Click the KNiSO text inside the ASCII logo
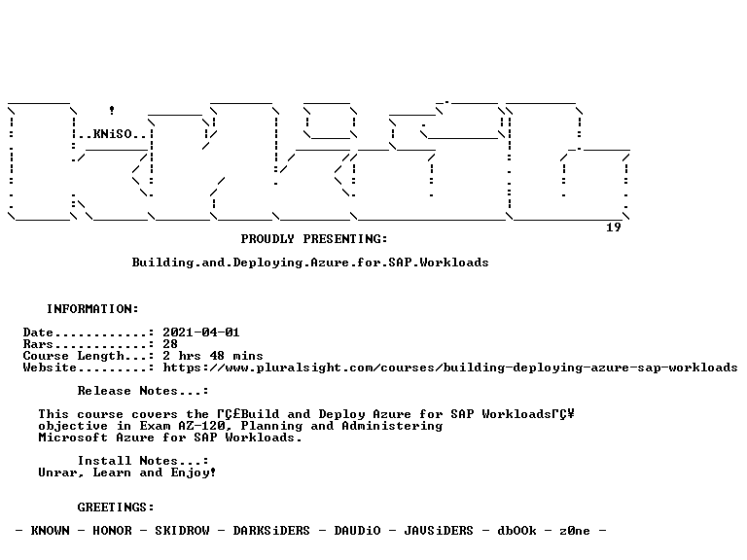(x=113, y=134)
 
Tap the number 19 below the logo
(x=614, y=227)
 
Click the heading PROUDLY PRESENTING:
(x=314, y=239)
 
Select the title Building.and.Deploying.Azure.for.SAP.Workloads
(x=310, y=262)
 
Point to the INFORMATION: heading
(x=92, y=309)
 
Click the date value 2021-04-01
(x=201, y=332)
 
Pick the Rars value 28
(x=170, y=344)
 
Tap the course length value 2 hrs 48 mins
(x=213, y=356)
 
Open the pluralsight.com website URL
(x=450, y=367)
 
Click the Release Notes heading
(x=143, y=391)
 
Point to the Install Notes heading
(x=143, y=461)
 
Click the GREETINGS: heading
(x=116, y=507)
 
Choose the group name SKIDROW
(x=182, y=531)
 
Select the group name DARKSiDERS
(x=271, y=531)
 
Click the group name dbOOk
(x=516, y=531)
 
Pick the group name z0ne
(x=575, y=531)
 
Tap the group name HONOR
(x=112, y=531)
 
